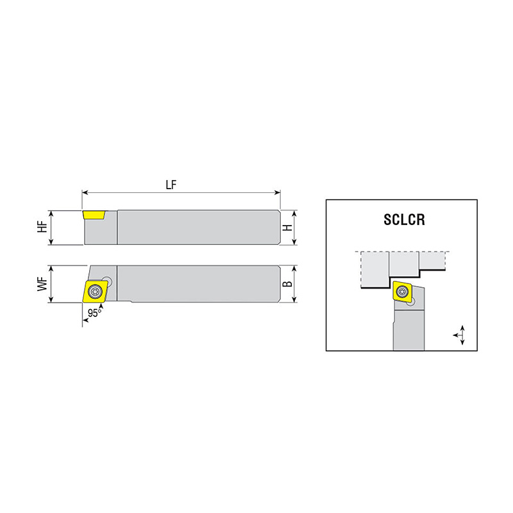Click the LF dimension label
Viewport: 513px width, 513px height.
171,185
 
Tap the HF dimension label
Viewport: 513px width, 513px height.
42,227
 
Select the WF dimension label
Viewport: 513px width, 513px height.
42,284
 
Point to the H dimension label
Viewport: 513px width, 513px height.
287,228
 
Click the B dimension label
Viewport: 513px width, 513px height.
287,283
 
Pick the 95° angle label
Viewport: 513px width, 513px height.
94,313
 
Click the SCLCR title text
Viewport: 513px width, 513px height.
405,219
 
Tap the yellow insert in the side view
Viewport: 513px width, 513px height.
94,215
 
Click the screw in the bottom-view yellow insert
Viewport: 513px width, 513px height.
96,291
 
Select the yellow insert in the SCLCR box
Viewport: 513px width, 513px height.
403,291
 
